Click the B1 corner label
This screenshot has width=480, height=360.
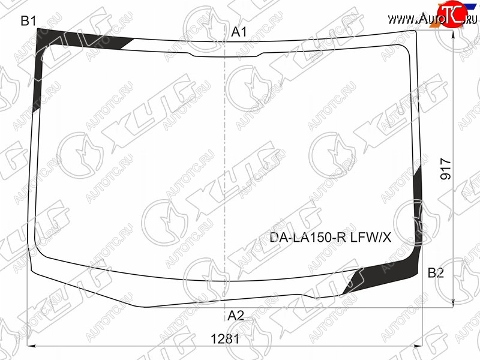tap(28, 21)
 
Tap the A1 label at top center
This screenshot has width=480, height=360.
tap(238, 32)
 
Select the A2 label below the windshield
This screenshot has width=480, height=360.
tap(236, 316)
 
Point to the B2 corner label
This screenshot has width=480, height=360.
tap(436, 272)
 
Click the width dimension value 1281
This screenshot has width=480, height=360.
tap(225, 339)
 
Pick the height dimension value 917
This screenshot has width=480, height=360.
tap(446, 169)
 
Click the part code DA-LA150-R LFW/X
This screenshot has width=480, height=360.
tap(331, 237)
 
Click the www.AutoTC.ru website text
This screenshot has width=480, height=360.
tap(432, 19)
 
